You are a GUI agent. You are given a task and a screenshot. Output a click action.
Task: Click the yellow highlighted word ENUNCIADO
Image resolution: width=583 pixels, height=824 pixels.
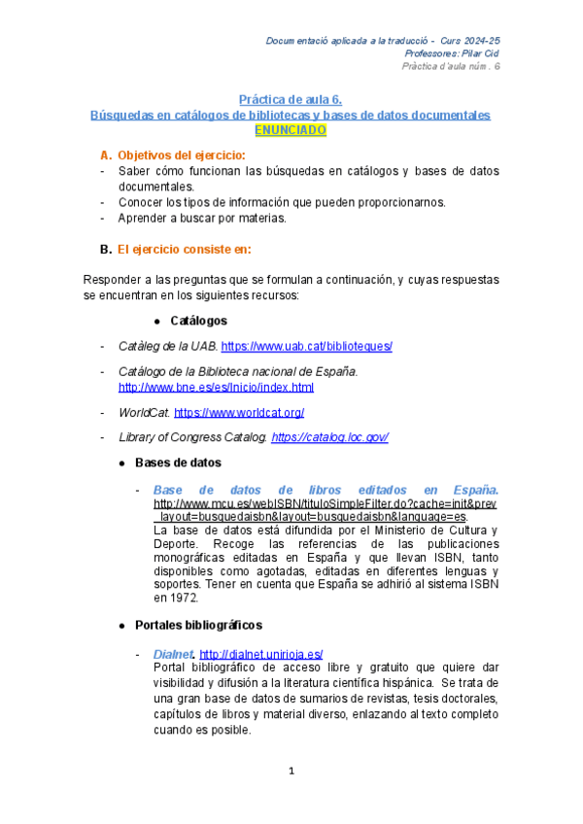click(x=291, y=129)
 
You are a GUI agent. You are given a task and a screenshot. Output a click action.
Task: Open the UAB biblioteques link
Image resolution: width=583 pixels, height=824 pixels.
click(x=306, y=346)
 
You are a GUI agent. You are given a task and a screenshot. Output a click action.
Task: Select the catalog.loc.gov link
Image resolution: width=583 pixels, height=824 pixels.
click(x=330, y=437)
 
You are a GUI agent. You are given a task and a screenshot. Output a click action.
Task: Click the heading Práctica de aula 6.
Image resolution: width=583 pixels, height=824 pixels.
click(x=291, y=100)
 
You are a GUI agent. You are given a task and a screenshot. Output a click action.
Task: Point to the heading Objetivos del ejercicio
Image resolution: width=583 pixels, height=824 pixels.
click(x=181, y=155)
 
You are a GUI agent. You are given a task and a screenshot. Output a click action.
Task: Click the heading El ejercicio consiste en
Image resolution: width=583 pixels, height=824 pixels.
click(x=184, y=250)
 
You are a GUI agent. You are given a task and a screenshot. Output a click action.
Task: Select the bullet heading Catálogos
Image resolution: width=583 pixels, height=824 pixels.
click(x=198, y=320)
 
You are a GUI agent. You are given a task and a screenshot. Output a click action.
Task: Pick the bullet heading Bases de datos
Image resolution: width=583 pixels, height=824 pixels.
click(x=177, y=463)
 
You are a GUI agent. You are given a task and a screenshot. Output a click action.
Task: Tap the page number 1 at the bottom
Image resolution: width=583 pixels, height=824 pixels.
click(x=291, y=771)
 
